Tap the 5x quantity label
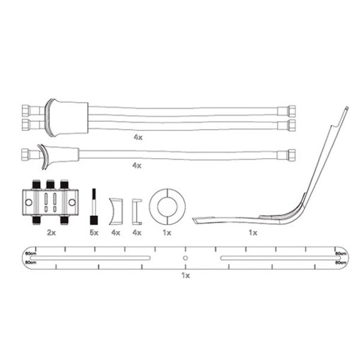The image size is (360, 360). point(93,232)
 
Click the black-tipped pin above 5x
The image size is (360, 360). point(93,205)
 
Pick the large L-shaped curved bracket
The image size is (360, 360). point(282,192)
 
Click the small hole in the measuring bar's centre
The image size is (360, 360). point(185,258)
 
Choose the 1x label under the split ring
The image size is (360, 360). point(167,232)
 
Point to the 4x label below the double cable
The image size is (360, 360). point(138,137)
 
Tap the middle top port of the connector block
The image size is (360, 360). point(50,182)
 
